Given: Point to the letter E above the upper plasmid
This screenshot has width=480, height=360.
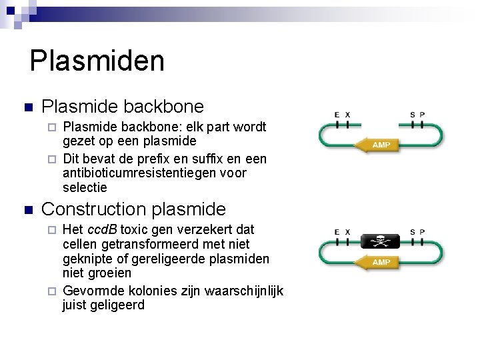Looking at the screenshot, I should (337, 115).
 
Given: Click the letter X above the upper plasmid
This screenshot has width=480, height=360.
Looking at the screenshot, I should (347, 115).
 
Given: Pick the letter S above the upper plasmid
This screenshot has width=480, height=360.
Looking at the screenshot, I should (413, 115).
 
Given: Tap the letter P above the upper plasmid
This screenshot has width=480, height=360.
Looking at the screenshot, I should (423, 115).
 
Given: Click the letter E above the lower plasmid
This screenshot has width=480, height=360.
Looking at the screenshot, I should (337, 231).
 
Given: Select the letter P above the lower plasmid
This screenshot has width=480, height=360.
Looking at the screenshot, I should (423, 231).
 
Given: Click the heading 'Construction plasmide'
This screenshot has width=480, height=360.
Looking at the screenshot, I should (133, 209).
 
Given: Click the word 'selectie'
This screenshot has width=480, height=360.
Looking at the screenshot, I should (85, 188).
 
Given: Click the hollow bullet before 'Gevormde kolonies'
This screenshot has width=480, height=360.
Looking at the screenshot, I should (55, 291).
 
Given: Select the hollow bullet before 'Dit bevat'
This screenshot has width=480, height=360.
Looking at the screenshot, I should (55, 159).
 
